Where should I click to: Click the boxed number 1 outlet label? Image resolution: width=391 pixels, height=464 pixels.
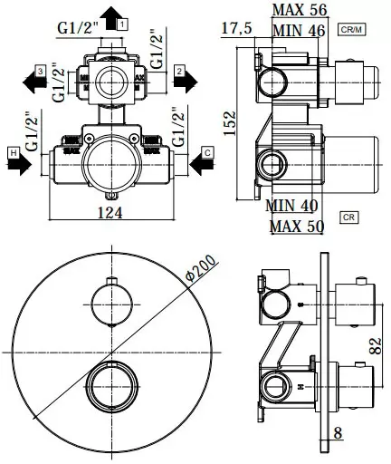pos(123,20)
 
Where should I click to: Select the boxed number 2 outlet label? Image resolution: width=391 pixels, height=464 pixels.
pos(180,70)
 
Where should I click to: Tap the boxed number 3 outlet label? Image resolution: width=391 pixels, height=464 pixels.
pos(41,70)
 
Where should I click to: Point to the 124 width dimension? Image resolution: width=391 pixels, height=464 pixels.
pos(110,215)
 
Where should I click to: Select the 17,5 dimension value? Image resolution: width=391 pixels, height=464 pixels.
pos(238,28)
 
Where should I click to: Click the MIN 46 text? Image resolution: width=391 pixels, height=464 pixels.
pos(299,30)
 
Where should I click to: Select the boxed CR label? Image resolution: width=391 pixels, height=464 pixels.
pos(348,216)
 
